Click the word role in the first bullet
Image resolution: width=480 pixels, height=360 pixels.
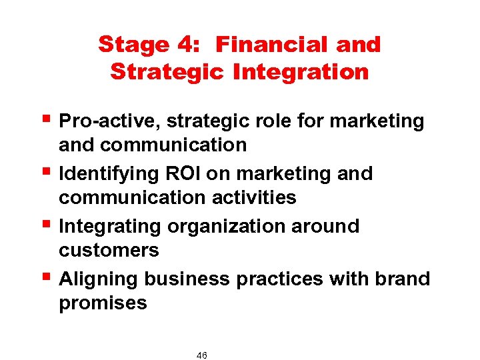(281, 121)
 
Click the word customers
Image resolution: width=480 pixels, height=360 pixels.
(109, 251)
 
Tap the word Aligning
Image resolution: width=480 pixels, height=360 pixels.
(97, 279)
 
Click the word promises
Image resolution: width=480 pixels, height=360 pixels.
(103, 303)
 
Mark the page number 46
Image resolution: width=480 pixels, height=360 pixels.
(202, 355)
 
